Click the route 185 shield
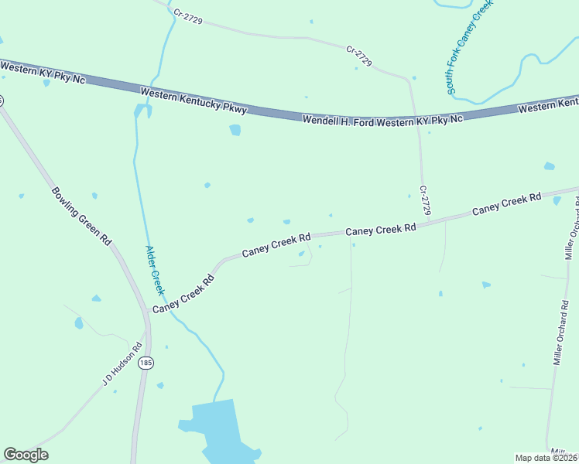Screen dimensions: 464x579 pos(145,363)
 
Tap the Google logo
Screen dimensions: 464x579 pos(26,455)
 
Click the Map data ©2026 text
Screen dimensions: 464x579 pos(546,458)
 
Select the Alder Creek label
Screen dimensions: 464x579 pos(155,270)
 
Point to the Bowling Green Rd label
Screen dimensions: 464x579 pos(82,216)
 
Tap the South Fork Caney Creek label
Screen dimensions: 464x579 pos(469,48)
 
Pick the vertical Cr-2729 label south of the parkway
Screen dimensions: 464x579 pos(424,200)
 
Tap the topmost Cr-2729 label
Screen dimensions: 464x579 pos(188,16)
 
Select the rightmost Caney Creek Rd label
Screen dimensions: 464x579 pos(506,204)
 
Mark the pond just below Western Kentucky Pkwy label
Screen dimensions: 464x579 pos(235,130)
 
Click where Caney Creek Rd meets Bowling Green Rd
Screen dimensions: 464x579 pos(147,312)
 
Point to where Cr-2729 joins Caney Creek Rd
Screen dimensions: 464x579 pos(428,223)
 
